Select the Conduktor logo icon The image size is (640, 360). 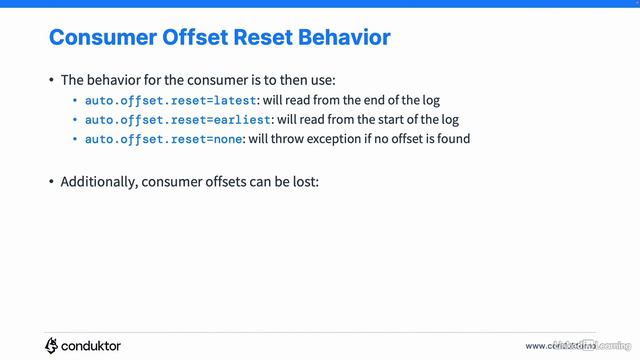52,345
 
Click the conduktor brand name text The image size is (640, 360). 92,345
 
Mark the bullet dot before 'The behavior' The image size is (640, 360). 52,81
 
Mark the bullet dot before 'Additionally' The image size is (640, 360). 52,182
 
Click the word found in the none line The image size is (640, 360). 452,138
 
